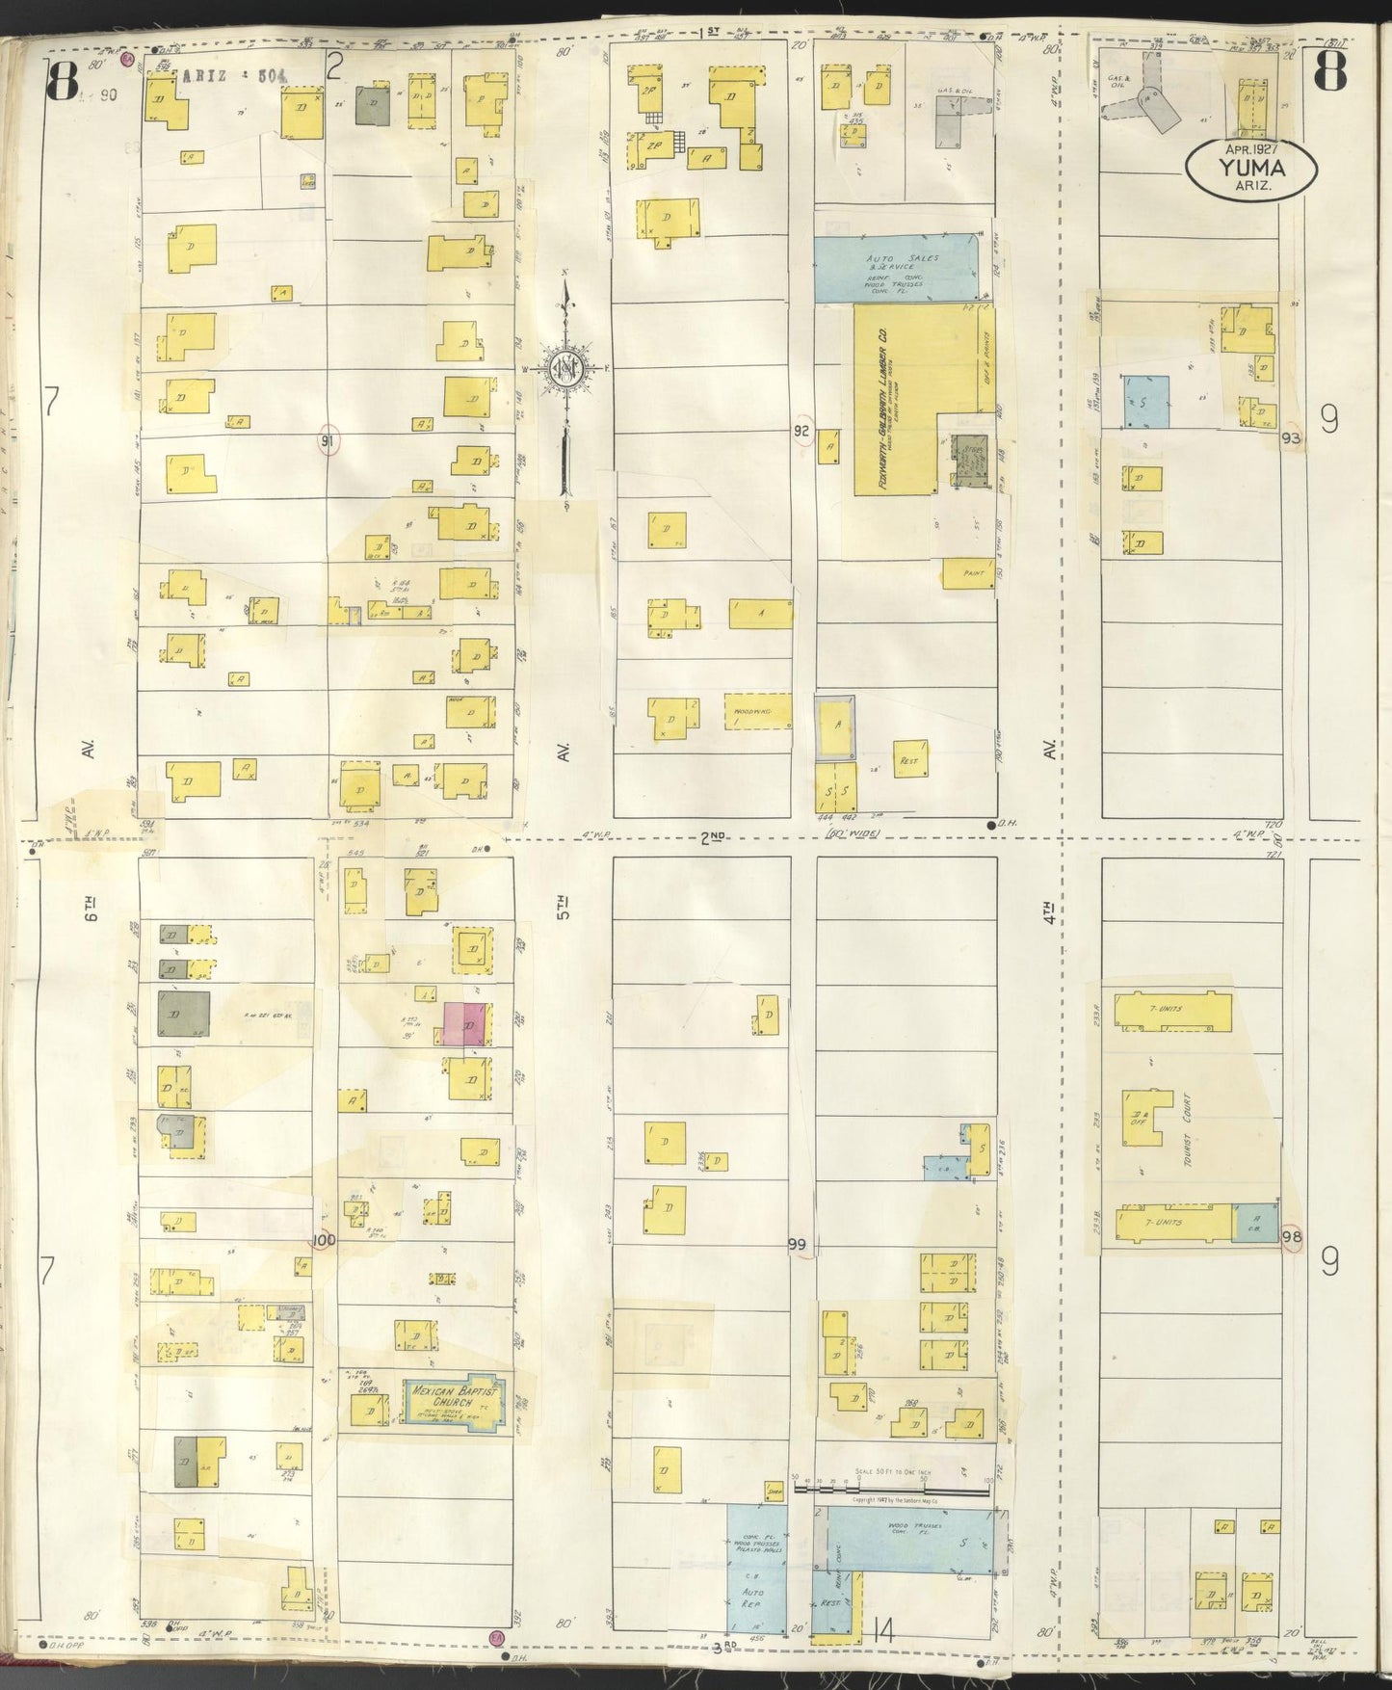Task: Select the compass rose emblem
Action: [x=567, y=369]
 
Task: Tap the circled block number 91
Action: [x=329, y=441]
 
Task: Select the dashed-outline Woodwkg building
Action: [x=756, y=710]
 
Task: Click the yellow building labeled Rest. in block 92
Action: [x=910, y=760]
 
